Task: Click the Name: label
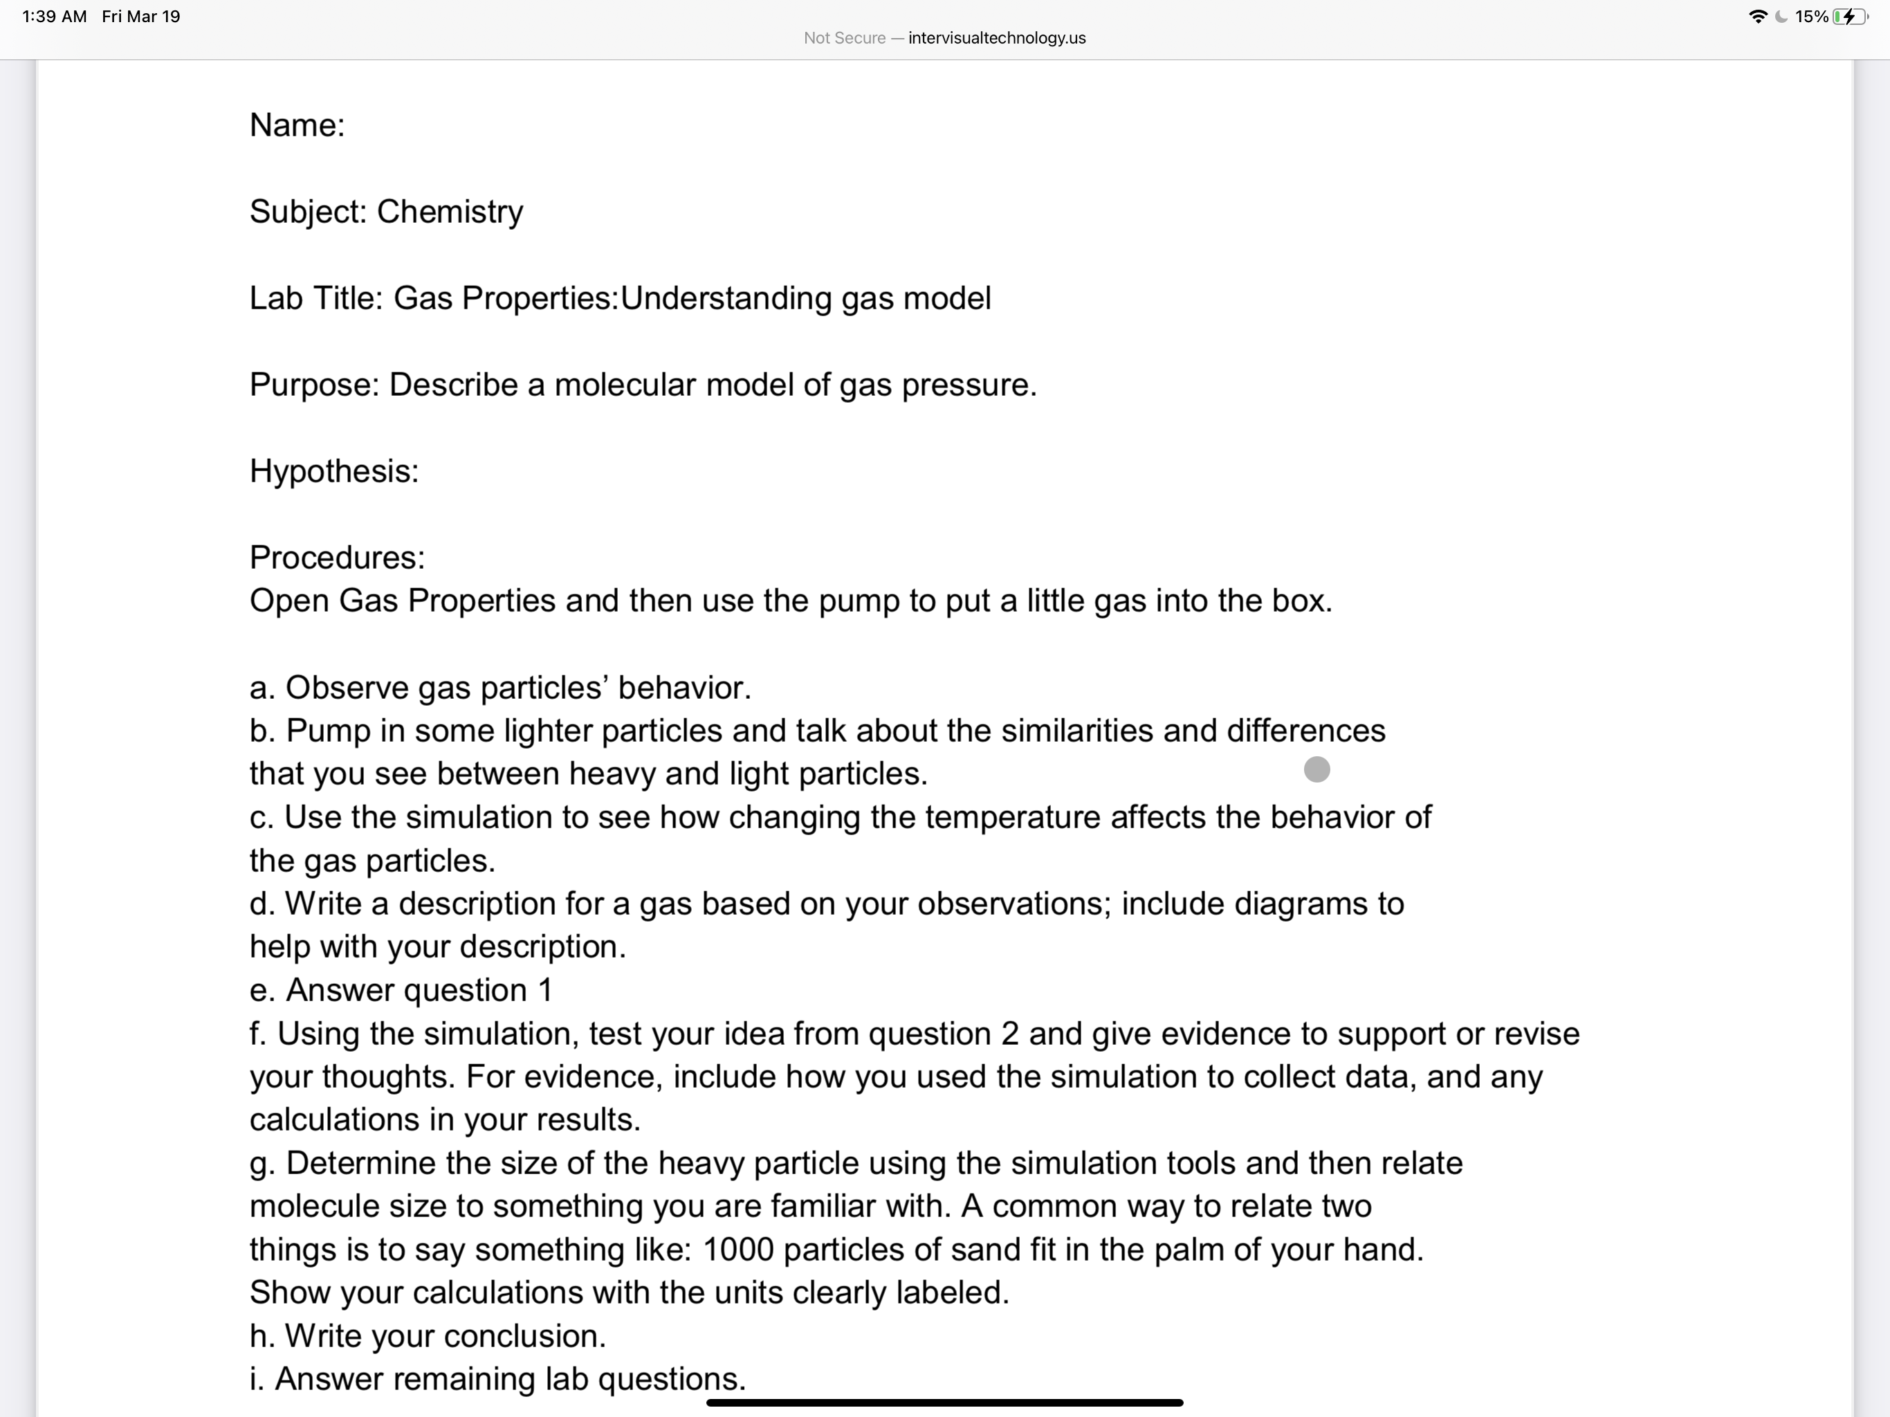[297, 126]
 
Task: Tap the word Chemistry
[450, 212]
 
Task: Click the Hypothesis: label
[334, 471]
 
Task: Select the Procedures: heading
[337, 557]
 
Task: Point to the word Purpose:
[313, 385]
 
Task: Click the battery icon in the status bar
[1851, 16]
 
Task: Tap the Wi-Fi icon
[1758, 16]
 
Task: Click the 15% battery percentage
[1811, 16]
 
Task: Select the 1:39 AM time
[54, 16]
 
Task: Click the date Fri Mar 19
[141, 16]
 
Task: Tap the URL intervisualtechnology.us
[996, 37]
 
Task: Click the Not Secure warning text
[844, 37]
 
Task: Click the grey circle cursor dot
[1316, 769]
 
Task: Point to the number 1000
[737, 1250]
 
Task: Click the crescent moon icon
[1781, 16]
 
